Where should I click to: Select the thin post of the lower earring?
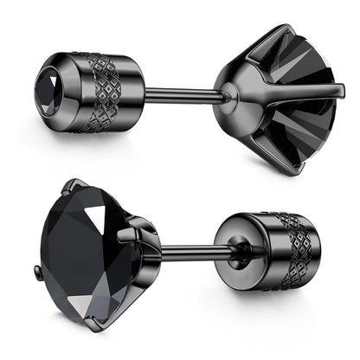[x=189, y=254]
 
